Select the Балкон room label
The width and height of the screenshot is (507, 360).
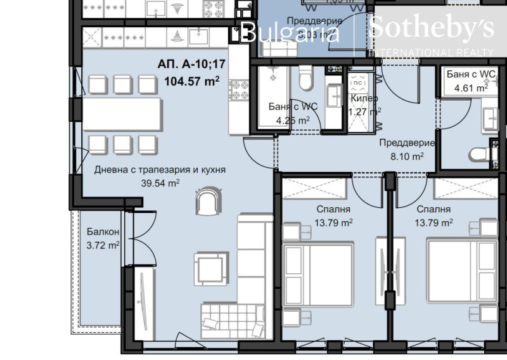99,232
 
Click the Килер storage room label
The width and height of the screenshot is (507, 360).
364,99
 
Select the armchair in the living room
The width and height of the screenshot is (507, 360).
209,202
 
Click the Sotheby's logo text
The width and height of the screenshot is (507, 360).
431,29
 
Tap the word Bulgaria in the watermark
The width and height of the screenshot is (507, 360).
292,31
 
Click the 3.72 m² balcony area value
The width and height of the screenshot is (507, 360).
103,245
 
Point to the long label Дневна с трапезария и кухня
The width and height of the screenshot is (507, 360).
160,170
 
